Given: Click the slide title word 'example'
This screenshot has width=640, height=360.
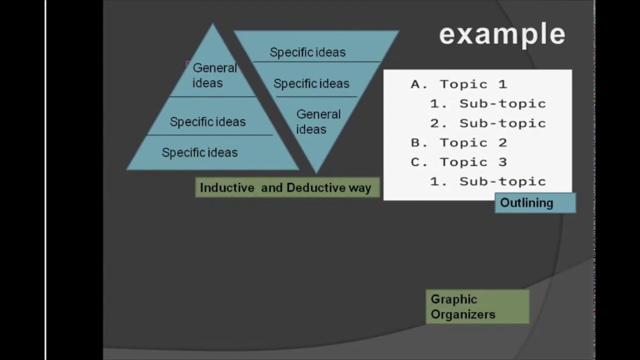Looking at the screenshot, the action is (x=502, y=34).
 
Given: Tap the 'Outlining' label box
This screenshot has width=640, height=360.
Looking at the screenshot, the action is (x=535, y=203).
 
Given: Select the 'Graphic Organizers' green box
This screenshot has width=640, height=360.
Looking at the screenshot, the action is (x=477, y=306).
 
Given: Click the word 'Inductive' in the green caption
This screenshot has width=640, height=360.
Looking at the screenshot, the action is (x=227, y=187).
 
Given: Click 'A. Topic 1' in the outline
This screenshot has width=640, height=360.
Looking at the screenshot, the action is (x=459, y=84).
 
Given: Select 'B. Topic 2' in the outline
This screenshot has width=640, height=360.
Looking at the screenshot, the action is (x=459, y=142).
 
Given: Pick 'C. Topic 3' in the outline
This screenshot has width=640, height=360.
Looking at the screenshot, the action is (x=459, y=162).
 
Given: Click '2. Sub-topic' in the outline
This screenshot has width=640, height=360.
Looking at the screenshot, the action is (x=488, y=123).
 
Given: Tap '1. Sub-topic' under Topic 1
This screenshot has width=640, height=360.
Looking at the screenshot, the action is (x=488, y=103).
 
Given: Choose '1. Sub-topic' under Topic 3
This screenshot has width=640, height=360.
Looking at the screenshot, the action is (x=488, y=181).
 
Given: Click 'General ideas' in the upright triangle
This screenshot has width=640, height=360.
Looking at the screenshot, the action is (x=214, y=75).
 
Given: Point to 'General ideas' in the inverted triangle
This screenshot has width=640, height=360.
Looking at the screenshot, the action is (x=318, y=121).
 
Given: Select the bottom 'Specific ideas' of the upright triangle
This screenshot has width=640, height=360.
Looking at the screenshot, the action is (x=199, y=152).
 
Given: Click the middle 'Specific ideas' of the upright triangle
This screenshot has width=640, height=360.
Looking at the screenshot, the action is (x=207, y=121).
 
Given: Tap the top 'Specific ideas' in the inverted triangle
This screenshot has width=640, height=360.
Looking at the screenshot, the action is (x=307, y=52).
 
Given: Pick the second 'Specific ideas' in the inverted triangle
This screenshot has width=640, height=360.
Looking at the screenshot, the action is (x=311, y=83).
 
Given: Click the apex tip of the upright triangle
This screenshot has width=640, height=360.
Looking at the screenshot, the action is (x=212, y=23).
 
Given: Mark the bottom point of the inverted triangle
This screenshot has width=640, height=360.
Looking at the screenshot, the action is (x=316, y=173).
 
